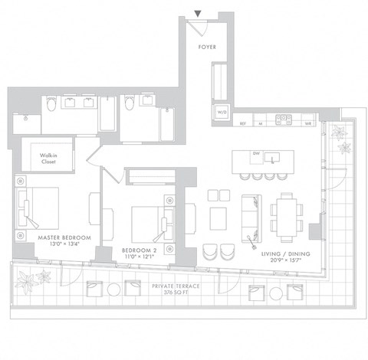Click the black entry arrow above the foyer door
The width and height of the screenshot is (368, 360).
[x=199, y=13]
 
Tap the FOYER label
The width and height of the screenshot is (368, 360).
[x=206, y=47]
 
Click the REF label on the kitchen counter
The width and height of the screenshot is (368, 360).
[x=242, y=123]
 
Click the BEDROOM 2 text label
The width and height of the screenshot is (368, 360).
[x=140, y=250]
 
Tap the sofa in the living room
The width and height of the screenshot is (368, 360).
[x=251, y=213]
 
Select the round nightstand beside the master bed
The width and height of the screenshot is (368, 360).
[x=20, y=182]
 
